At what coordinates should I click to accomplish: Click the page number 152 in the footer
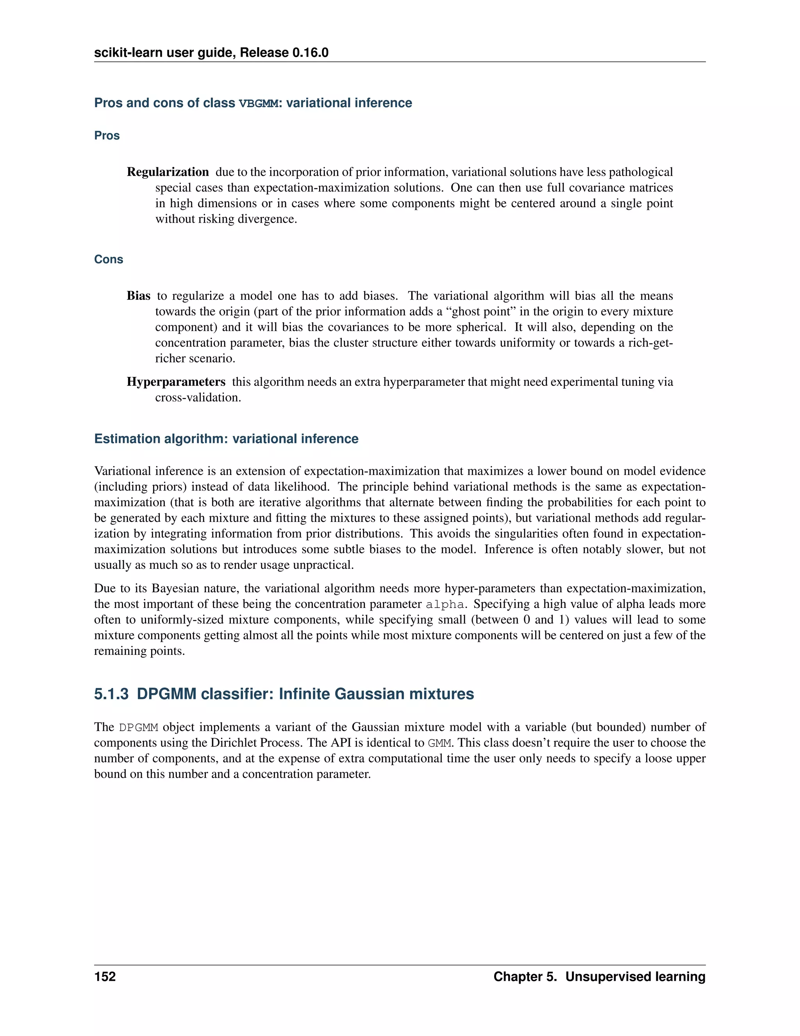(x=105, y=977)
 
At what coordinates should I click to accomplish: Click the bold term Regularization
(x=168, y=172)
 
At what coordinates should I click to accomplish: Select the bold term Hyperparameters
(x=176, y=382)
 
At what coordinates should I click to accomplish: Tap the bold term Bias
(x=138, y=296)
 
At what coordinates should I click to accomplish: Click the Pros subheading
(x=107, y=136)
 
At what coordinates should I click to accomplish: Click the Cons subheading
(x=109, y=260)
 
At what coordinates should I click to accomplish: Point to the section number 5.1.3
(x=111, y=694)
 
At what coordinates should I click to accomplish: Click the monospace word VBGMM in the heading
(x=259, y=104)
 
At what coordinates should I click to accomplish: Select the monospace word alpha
(x=445, y=604)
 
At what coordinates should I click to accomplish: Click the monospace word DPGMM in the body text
(x=138, y=728)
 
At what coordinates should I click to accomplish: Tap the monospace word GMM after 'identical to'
(x=439, y=743)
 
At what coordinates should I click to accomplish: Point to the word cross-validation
(x=198, y=398)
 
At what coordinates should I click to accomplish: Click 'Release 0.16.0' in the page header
(x=284, y=53)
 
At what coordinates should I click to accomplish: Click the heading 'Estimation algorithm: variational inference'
(x=226, y=439)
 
